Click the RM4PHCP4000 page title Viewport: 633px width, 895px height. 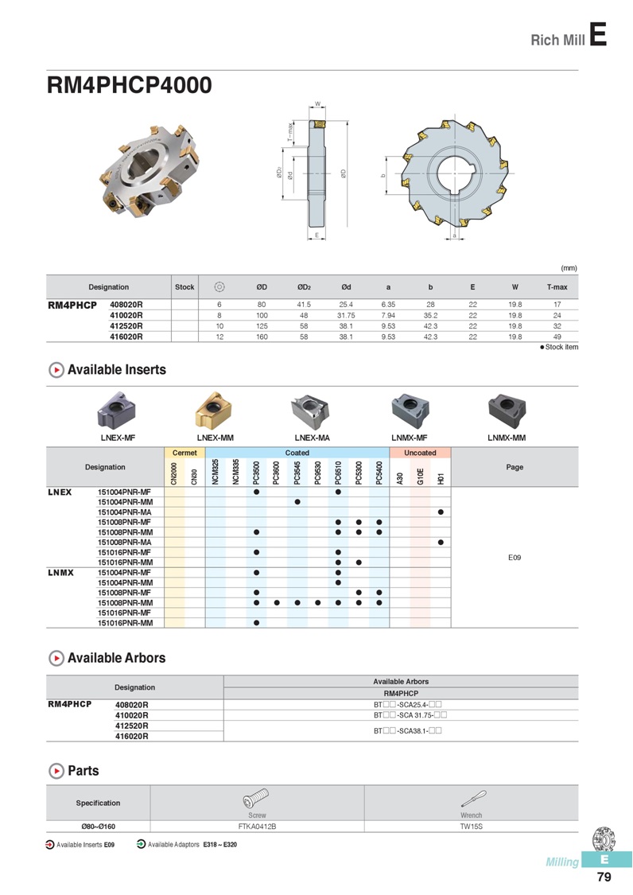click(129, 85)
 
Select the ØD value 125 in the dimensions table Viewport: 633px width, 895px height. click(262, 326)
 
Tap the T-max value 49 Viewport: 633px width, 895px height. click(557, 337)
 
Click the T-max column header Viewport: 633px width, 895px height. click(557, 287)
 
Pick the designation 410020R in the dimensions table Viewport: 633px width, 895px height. click(126, 315)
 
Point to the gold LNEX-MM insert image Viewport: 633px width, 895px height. click(215, 410)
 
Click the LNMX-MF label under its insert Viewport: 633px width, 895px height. click(410, 438)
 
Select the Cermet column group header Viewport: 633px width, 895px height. click(184, 453)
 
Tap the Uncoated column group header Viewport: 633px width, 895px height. click(420, 453)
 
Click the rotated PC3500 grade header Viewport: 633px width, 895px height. click(256, 473)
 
